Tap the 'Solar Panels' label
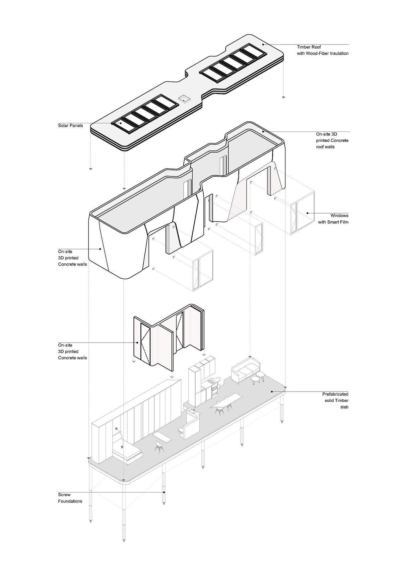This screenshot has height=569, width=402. pyautogui.click(x=70, y=126)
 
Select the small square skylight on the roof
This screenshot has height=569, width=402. pyautogui.click(x=184, y=98)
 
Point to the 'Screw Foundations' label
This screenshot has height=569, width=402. pyautogui.click(x=70, y=498)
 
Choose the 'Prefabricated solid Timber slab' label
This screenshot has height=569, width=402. pyautogui.click(x=335, y=401)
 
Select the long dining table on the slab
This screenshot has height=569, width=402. pyautogui.click(x=226, y=400)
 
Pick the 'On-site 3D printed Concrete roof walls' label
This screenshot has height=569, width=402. pyautogui.click(x=332, y=140)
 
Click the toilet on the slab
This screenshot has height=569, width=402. pyautogui.click(x=181, y=432)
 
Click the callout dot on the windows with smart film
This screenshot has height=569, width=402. pyautogui.click(x=307, y=213)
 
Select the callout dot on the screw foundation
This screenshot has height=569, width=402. pyautogui.click(x=164, y=492)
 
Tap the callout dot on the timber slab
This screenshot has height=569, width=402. pyautogui.click(x=272, y=391)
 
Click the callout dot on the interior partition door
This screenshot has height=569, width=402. pyautogui.click(x=137, y=343)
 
